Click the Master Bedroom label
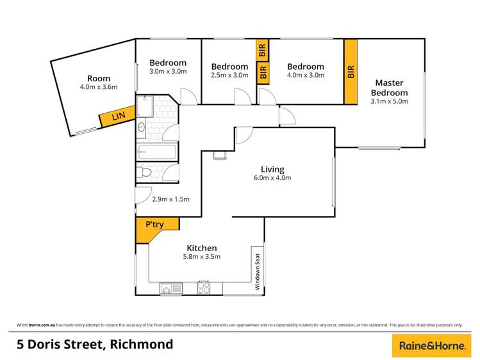tap(391, 87)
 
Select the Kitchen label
tap(201, 248)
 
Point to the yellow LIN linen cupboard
tap(118, 117)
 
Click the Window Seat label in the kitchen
tap(258, 269)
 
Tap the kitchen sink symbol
tap(170, 288)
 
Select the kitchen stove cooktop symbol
tap(204, 288)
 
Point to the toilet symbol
tap(144, 172)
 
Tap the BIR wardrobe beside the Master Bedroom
tap(351, 72)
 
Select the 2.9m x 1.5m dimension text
tap(170, 199)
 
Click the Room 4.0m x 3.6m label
tap(99, 83)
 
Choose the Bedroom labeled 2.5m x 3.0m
tap(229, 70)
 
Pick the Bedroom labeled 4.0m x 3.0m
tap(305, 70)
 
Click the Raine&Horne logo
tap(431, 345)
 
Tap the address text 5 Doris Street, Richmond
tap(95, 345)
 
